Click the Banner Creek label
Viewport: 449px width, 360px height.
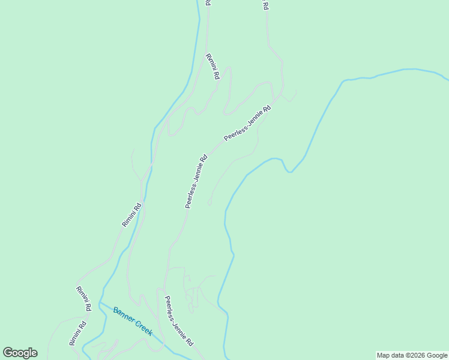133,321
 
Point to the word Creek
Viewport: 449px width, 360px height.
142,328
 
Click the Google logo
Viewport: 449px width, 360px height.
20,353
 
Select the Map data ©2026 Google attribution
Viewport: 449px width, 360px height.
412,355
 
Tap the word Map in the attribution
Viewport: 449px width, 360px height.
383,355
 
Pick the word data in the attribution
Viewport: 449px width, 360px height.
397,355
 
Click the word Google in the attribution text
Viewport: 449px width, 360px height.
436,355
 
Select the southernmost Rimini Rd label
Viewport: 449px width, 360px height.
77,333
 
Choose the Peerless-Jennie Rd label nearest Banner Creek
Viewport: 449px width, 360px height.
179,321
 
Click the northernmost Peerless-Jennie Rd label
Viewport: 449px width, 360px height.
247,124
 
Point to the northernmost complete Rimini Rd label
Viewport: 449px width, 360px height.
213,67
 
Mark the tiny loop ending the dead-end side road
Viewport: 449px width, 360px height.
209,203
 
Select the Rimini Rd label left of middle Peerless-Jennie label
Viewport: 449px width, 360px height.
131,215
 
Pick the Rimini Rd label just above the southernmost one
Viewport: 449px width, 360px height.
83,298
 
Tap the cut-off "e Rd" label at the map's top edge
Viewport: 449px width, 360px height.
264,4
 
